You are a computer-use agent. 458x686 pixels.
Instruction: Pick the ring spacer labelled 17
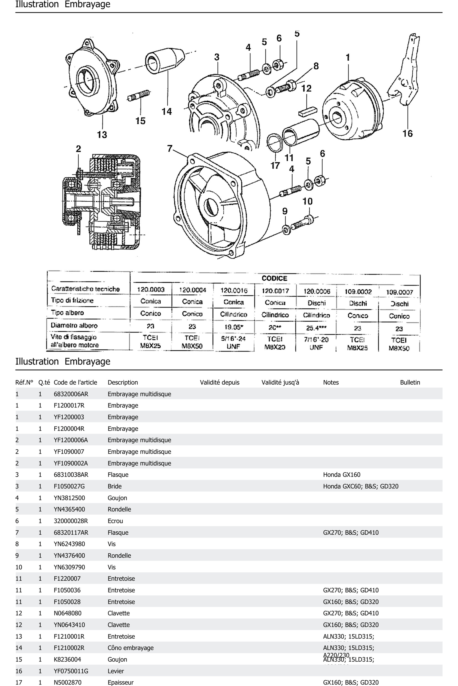pyautogui.click(x=275, y=143)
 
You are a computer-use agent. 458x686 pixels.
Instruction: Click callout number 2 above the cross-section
pyautogui.click(x=78, y=149)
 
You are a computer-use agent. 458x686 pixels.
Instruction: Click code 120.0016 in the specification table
pyautogui.click(x=234, y=290)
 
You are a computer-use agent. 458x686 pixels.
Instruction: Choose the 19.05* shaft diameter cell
pyautogui.click(x=234, y=327)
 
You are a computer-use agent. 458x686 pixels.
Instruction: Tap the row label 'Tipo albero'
pyautogui.click(x=67, y=313)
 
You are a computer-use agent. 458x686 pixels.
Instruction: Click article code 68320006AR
pyautogui.click(x=71, y=394)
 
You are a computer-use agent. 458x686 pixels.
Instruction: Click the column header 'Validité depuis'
pyautogui.click(x=219, y=382)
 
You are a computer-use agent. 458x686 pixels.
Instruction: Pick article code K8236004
pyautogui.click(x=67, y=659)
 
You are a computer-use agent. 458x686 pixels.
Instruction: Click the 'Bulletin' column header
pyautogui.click(x=410, y=382)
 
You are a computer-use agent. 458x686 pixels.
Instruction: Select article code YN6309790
pyautogui.click(x=69, y=567)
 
